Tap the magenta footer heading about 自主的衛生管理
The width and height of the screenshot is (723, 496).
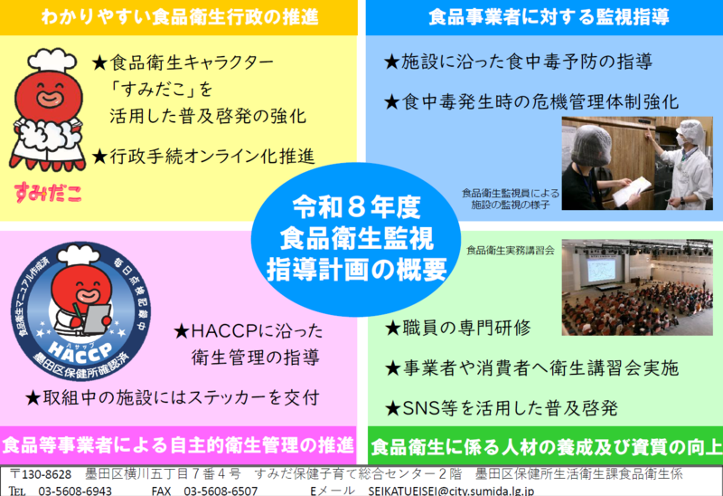click(178, 445)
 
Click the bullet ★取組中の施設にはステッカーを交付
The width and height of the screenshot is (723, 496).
click(172, 396)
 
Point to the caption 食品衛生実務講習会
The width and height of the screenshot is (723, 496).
click(511, 247)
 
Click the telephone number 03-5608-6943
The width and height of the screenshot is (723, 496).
click(75, 489)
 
